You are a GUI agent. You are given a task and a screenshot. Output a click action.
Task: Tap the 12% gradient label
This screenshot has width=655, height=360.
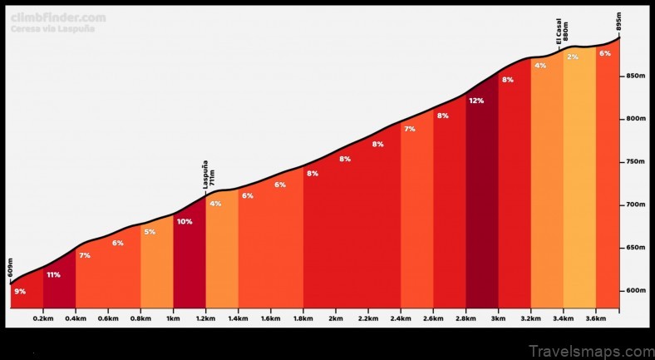coord(476,101)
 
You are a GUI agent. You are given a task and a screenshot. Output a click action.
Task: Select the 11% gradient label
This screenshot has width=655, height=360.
coord(53,274)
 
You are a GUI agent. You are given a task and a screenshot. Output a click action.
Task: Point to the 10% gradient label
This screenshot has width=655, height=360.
coord(185,221)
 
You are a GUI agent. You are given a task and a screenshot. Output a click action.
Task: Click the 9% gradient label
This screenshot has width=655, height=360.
coord(20,291)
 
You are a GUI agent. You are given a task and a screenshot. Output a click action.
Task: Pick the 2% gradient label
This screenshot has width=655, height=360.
coord(572,57)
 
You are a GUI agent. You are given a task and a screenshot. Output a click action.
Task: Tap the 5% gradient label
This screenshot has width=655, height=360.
coord(150,232)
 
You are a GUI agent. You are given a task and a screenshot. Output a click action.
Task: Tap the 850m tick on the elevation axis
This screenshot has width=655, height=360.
coord(635,76)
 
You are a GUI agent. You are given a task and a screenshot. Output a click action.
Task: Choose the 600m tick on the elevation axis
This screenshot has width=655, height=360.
coord(635,290)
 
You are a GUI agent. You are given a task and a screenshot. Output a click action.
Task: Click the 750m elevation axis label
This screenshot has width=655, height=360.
coord(635,162)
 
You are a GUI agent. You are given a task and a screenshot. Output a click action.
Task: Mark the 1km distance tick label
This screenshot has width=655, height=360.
coord(173,318)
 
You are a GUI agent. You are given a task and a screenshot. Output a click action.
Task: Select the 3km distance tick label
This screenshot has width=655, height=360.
coord(498,318)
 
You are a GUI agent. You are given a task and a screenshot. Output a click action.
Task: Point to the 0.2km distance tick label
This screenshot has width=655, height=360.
coord(43,318)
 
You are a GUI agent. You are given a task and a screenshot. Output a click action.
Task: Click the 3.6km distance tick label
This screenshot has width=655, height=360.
coord(595,318)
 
